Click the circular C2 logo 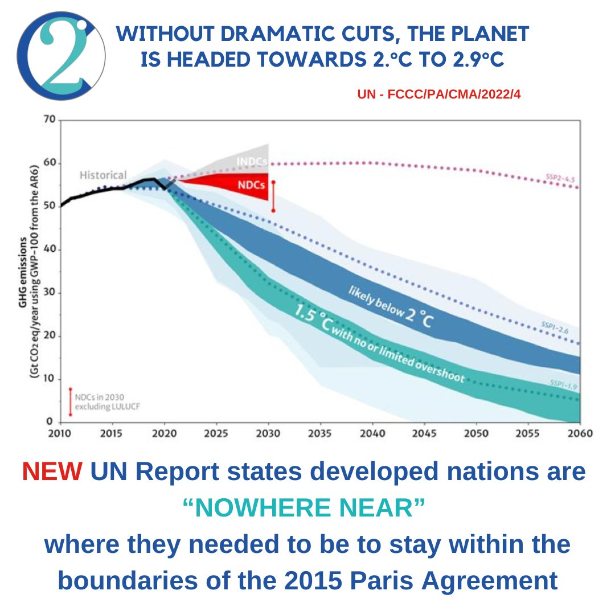[61, 55]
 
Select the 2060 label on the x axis [580, 433]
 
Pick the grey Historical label [103, 175]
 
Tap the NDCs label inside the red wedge [248, 184]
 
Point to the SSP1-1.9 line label [563, 386]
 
